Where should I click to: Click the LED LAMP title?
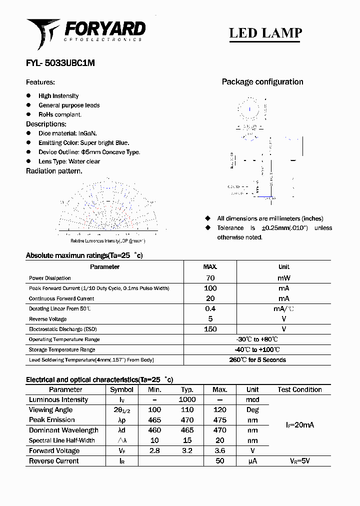click(265, 33)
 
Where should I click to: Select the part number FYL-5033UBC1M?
click(60, 63)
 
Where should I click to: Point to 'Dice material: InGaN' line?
click(67, 133)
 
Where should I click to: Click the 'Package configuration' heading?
click(262, 82)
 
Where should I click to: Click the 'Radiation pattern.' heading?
click(54, 171)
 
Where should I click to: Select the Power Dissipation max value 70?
click(210, 278)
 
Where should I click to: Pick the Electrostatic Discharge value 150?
click(210, 329)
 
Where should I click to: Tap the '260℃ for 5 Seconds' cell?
click(257, 360)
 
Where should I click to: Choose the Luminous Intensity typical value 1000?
click(187, 399)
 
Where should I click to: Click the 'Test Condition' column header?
click(299, 389)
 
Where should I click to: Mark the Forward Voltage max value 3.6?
click(219, 450)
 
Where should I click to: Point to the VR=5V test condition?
click(299, 461)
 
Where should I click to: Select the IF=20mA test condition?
click(299, 425)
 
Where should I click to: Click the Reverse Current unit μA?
click(252, 461)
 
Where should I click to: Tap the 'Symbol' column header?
click(121, 389)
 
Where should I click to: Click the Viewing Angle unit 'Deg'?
click(252, 410)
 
